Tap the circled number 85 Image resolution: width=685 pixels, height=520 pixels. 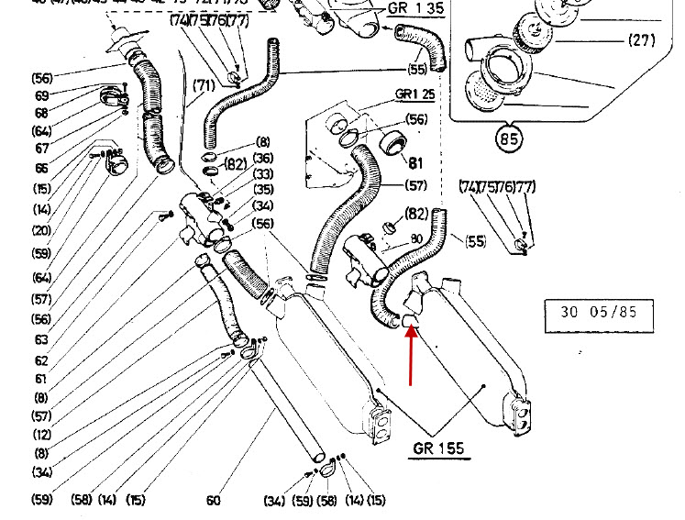510,141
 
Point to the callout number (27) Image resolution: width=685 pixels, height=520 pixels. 642,40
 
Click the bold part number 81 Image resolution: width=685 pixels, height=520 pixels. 414,164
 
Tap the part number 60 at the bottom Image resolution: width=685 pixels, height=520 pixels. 213,501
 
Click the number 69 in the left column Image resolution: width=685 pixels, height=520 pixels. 42,95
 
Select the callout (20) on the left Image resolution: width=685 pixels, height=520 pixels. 42,230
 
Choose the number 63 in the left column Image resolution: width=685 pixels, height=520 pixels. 42,339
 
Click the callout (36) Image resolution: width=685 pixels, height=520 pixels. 263,158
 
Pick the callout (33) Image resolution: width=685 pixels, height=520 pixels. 263,174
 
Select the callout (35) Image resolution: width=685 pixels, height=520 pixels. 263,190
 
